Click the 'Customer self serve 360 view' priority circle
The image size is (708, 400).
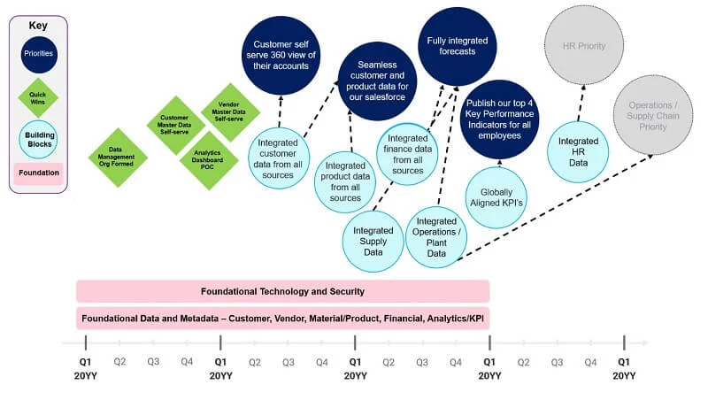(x=281, y=56)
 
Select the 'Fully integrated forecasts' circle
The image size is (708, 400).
(x=457, y=46)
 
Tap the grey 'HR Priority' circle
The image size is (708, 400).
(x=584, y=46)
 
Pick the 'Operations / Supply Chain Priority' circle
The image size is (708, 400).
(x=653, y=115)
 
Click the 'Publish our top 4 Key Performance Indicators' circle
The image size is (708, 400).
(x=499, y=119)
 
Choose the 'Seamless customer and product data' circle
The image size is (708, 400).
(x=377, y=81)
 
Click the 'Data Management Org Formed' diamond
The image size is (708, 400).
(x=118, y=158)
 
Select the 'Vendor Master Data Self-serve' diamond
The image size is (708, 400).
(x=230, y=112)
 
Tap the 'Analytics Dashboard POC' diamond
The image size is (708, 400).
(x=209, y=160)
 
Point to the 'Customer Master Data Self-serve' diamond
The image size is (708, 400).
(x=176, y=125)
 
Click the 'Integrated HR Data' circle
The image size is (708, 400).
(x=578, y=151)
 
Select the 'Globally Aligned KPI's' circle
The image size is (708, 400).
(x=496, y=197)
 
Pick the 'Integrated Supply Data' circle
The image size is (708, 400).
(x=373, y=241)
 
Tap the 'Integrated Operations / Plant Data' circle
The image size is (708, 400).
(x=436, y=237)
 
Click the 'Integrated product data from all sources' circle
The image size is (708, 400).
(x=345, y=182)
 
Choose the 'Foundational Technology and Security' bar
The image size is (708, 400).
(x=282, y=291)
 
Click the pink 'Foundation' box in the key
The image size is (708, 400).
(x=38, y=173)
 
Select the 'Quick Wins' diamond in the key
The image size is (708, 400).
(x=38, y=98)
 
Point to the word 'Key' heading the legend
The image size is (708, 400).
(x=38, y=26)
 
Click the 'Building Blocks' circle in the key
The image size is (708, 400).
(x=39, y=140)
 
